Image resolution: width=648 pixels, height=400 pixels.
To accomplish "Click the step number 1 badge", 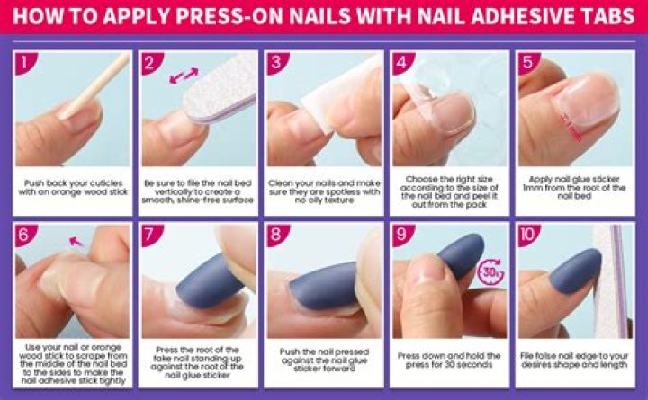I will pyautogui.click(x=25, y=63).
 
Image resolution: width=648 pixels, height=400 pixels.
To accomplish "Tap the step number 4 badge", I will pyautogui.click(x=401, y=63).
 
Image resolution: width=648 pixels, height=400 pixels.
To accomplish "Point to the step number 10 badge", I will pyautogui.click(x=528, y=236).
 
